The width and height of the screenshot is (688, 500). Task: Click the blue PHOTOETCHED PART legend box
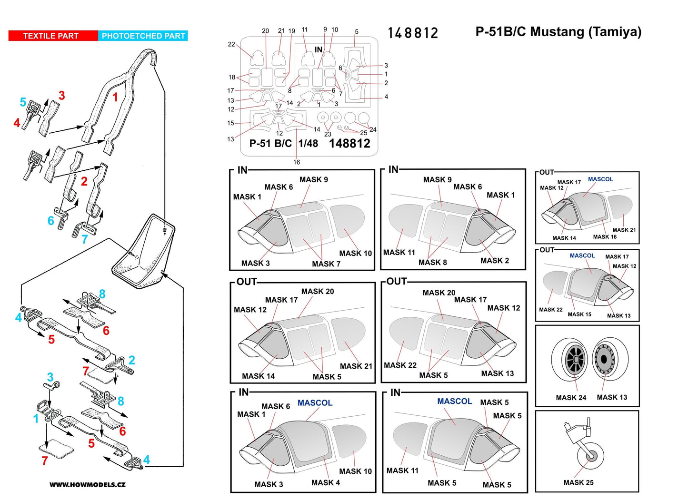pyautogui.click(x=143, y=36)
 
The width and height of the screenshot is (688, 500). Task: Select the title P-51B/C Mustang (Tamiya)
pyautogui.click(x=558, y=32)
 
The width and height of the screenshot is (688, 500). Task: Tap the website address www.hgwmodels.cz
pyautogui.click(x=88, y=485)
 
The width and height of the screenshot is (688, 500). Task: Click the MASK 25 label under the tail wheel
pyautogui.click(x=578, y=482)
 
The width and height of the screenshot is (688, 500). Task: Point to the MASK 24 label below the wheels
pyautogui.click(x=571, y=397)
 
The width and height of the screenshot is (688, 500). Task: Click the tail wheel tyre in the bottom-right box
pyautogui.click(x=591, y=456)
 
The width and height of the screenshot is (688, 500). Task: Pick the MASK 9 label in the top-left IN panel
pyautogui.click(x=313, y=180)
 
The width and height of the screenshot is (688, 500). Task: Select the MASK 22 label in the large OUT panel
pyautogui.click(x=400, y=365)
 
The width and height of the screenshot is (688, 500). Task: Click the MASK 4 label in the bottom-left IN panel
pyautogui.click(x=325, y=482)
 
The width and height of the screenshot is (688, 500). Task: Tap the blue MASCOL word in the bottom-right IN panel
pyautogui.click(x=454, y=401)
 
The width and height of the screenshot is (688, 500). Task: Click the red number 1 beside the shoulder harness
pyautogui.click(x=115, y=97)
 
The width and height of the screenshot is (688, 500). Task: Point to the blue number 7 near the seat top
pyautogui.click(x=84, y=239)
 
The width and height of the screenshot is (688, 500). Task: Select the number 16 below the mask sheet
pyautogui.click(x=297, y=162)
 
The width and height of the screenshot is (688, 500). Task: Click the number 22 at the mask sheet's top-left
pyautogui.click(x=231, y=44)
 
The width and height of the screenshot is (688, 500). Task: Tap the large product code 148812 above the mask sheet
pyautogui.click(x=412, y=33)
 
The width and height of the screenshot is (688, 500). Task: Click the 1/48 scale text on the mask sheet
pyautogui.click(x=308, y=143)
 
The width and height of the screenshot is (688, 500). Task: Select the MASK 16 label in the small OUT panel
pyautogui.click(x=604, y=236)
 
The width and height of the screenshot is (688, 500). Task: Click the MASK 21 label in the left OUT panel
pyautogui.click(x=356, y=366)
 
